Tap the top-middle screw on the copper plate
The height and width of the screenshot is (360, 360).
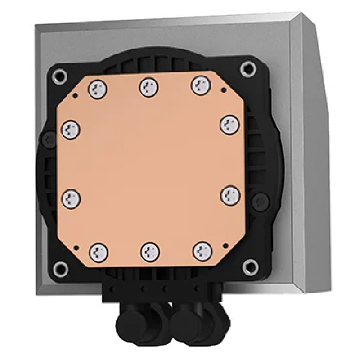pyautogui.click(x=149, y=87)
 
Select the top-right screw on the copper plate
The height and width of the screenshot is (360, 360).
pyautogui.click(x=201, y=85)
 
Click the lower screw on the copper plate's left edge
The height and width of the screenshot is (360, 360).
pyautogui.click(x=71, y=198)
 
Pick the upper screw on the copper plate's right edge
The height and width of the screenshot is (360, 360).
pyautogui.click(x=229, y=124)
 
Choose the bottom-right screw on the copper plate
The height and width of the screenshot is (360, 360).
pyautogui.click(x=203, y=250)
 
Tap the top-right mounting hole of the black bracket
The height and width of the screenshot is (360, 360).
pyautogui.click(x=247, y=69)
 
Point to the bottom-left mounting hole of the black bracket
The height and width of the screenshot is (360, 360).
pyautogui.click(x=60, y=269)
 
